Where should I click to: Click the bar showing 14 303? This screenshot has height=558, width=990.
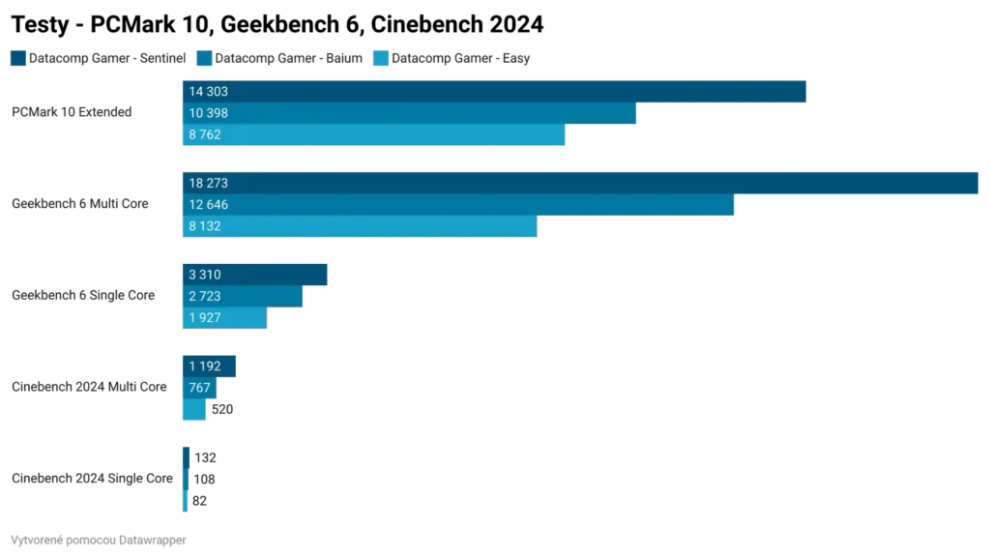(493, 92)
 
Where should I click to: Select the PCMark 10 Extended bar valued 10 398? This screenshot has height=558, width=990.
(409, 113)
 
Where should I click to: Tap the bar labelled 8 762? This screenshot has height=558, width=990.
(373, 134)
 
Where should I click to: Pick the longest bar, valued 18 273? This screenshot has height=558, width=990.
(580, 183)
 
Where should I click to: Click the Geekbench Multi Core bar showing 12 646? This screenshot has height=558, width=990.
(457, 204)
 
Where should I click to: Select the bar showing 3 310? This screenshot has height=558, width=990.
(255, 275)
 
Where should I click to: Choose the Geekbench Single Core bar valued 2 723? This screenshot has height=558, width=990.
(243, 296)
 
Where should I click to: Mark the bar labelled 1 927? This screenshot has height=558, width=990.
(224, 317)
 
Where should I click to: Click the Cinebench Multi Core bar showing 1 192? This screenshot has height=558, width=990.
(209, 367)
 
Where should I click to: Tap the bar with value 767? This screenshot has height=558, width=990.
(199, 388)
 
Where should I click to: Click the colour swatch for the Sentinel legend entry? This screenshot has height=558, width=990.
(17, 59)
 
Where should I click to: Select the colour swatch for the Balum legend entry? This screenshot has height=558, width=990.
(204, 59)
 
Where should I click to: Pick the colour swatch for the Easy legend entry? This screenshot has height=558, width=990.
(379, 59)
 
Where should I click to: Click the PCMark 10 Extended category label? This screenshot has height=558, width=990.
(70, 113)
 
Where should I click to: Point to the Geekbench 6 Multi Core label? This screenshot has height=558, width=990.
(81, 204)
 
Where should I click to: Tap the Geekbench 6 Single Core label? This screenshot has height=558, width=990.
(81, 296)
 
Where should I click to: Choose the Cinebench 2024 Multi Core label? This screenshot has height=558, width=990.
(89, 387)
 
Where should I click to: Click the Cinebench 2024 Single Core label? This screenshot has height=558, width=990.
(92, 479)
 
